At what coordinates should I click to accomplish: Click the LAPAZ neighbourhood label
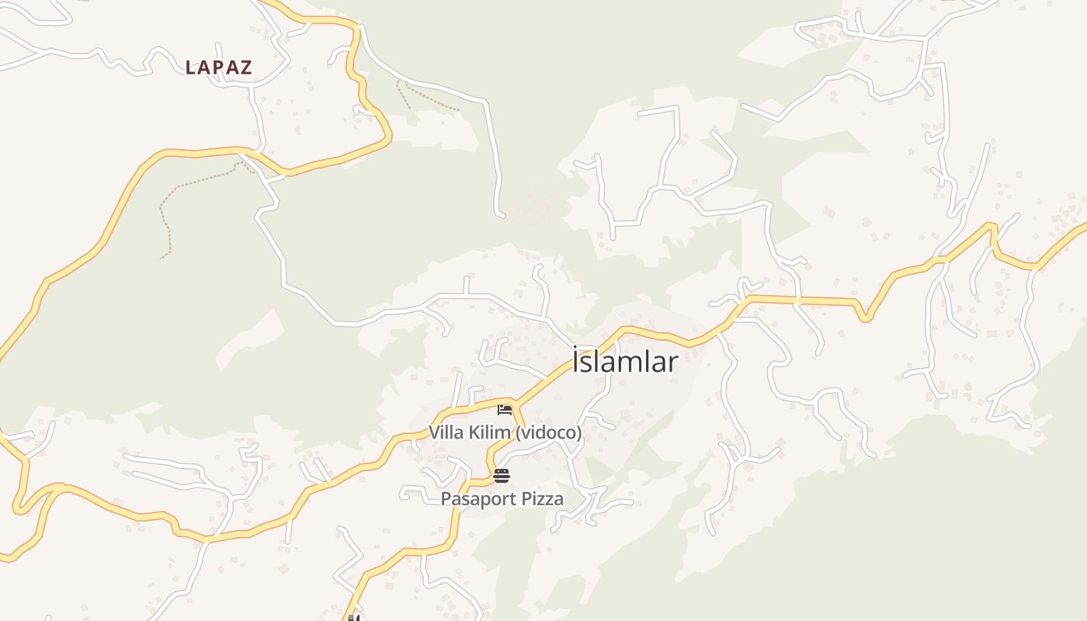click(x=219, y=68)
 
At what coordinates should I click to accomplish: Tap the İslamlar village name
click(x=625, y=362)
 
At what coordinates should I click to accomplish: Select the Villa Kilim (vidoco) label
click(x=505, y=432)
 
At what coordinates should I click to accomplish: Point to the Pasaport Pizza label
click(x=502, y=499)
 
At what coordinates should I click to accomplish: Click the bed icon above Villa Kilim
click(x=505, y=409)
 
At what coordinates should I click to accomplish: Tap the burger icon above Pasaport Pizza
click(x=502, y=476)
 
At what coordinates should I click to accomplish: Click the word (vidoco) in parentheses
click(x=548, y=432)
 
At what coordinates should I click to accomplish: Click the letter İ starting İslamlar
click(x=576, y=362)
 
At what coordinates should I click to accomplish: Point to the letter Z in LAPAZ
click(x=245, y=68)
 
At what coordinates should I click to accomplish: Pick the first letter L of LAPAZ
click(x=191, y=68)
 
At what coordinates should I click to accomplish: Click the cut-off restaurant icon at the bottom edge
click(x=352, y=618)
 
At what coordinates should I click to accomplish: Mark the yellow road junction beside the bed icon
click(x=512, y=402)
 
